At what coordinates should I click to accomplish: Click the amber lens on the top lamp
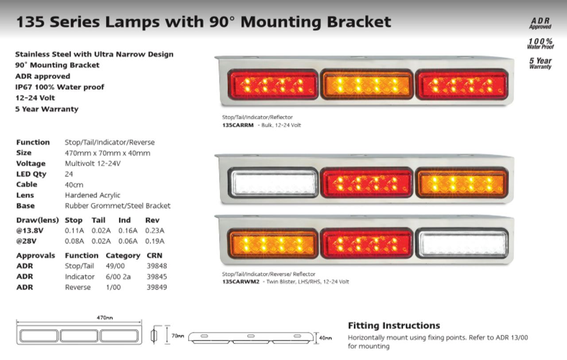coord(367,84)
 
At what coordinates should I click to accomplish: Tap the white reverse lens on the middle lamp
coord(273,182)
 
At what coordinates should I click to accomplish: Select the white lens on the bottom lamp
coord(462,243)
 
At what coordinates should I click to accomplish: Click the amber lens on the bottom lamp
coord(273,243)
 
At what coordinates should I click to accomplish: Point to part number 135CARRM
coord(238,125)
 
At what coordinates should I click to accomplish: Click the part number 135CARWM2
coord(241,282)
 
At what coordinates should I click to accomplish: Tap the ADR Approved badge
coord(540,23)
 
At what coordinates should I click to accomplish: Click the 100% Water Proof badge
coord(540,43)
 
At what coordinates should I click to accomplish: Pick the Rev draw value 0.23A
coord(155,230)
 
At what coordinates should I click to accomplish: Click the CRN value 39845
coord(157,277)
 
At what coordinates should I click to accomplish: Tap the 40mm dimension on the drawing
coord(325,338)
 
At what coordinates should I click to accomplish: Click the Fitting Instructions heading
coord(394,326)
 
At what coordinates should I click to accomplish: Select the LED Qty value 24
coord(69,174)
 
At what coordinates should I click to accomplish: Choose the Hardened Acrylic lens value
coord(93,195)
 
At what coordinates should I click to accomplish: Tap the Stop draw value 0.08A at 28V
coord(74,241)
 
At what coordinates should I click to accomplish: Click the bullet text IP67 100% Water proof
coord(60,87)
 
